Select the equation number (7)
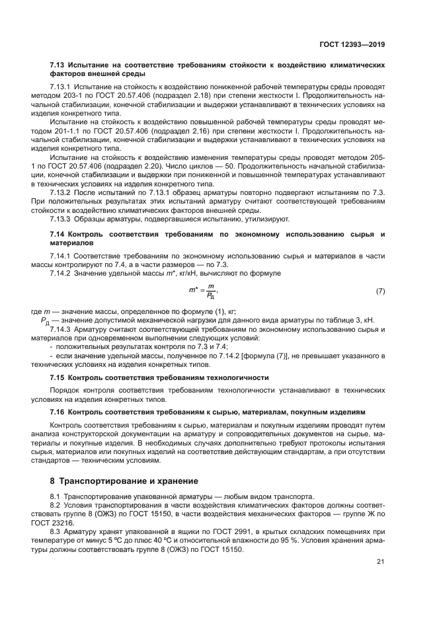coord(380,291)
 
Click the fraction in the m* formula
coord(211,291)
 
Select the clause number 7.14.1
coord(62,254)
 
